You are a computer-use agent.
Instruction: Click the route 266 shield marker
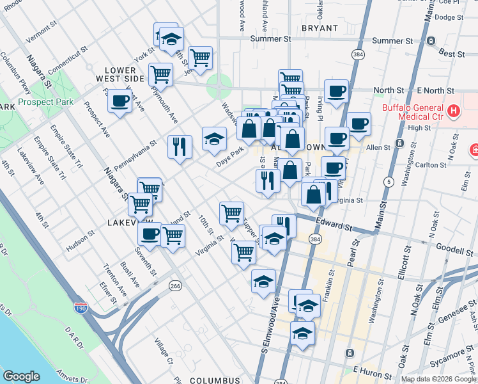[x=174, y=286]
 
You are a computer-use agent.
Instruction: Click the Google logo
[x=22, y=376]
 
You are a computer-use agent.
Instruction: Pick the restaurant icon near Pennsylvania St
[x=180, y=147]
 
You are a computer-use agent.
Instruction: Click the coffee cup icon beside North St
[x=336, y=91]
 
